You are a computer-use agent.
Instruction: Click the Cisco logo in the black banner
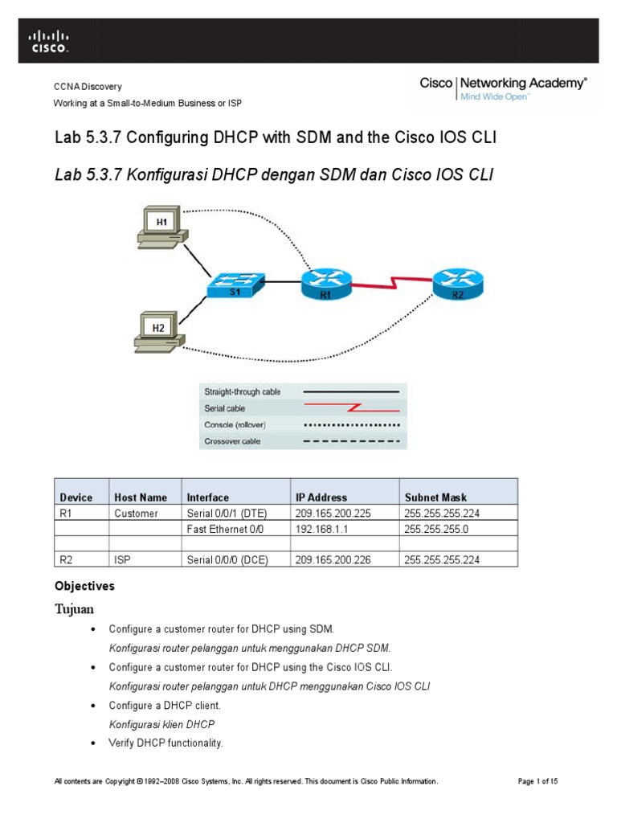(49, 41)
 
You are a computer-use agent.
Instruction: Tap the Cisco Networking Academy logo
(503, 88)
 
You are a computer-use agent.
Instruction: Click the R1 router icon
(326, 282)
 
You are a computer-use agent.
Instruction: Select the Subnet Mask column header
(435, 497)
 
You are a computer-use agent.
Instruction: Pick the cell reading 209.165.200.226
(333, 559)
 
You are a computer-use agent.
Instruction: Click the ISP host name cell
(122, 559)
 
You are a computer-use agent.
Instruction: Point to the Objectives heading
(84, 586)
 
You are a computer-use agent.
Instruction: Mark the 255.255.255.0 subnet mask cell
(437, 530)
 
